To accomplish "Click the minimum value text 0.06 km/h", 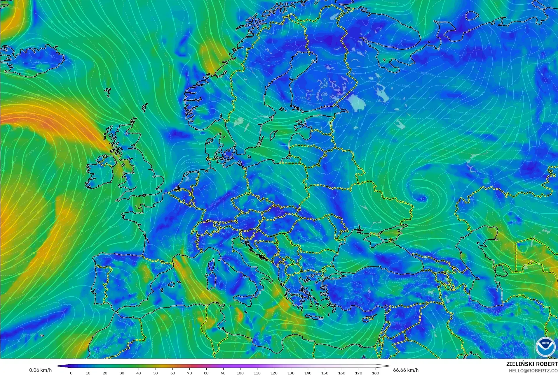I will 40,370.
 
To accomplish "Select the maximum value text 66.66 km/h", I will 406,370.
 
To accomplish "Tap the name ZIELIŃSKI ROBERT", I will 532,364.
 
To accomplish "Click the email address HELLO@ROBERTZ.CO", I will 533,371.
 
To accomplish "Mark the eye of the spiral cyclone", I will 421,199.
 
